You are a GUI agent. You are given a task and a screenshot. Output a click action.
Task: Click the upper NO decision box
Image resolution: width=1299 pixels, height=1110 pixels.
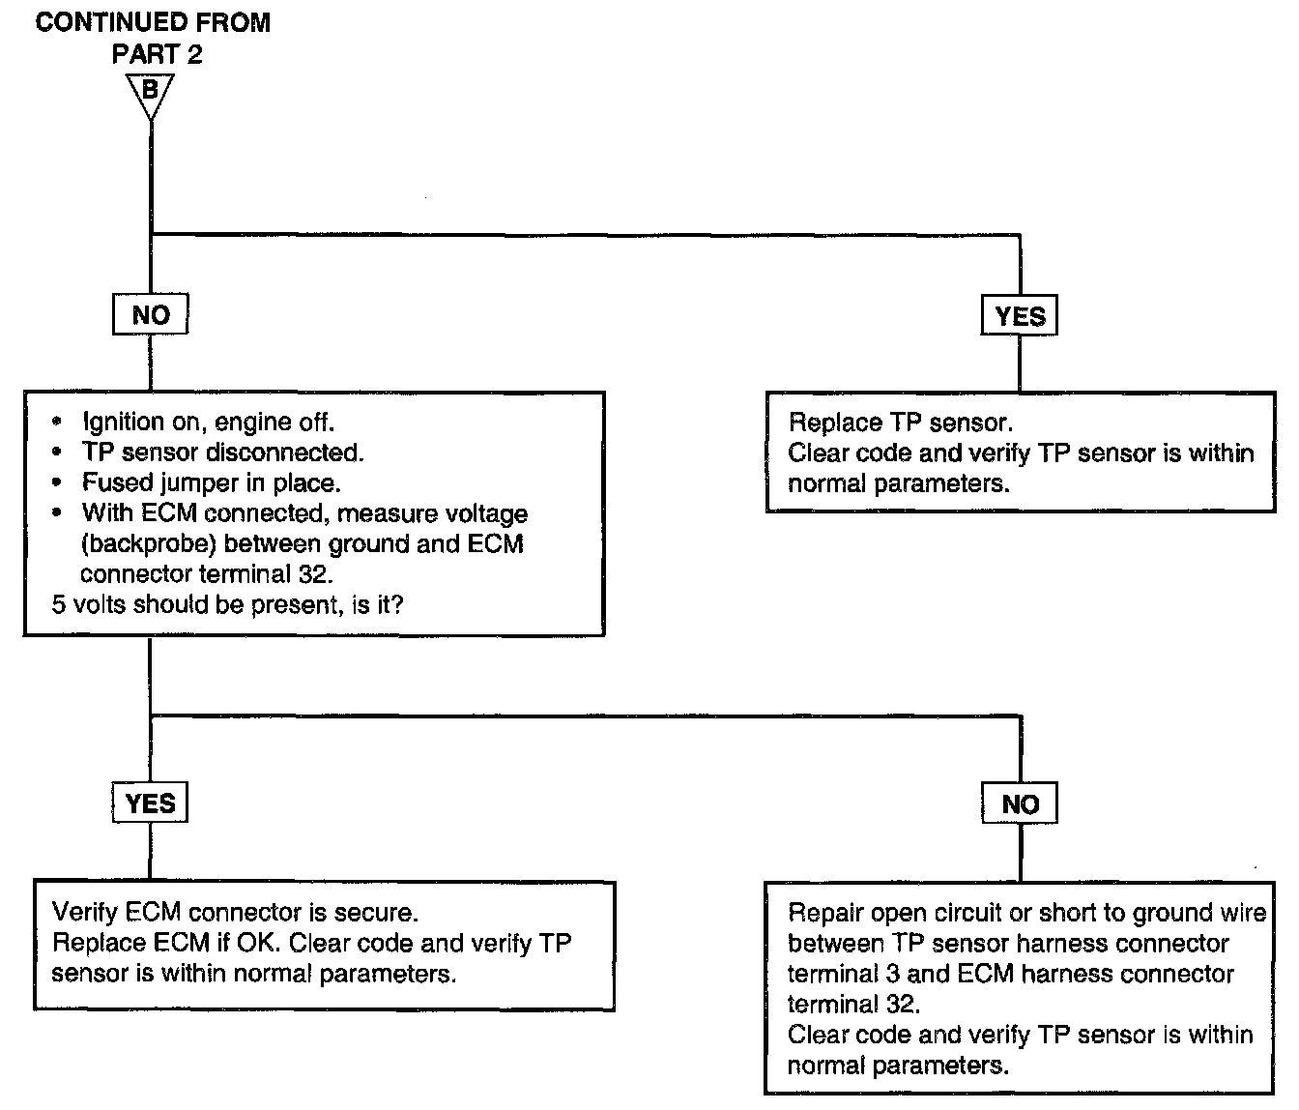click(150, 314)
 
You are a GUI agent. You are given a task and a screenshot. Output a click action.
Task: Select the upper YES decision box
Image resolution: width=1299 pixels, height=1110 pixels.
click(1020, 315)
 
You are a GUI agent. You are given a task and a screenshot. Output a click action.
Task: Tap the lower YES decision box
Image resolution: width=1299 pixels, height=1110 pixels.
click(150, 803)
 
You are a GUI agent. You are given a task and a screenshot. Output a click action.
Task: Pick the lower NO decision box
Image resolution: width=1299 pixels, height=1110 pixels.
click(1020, 803)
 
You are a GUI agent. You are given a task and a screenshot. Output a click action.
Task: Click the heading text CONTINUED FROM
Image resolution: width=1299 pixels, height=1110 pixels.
click(153, 22)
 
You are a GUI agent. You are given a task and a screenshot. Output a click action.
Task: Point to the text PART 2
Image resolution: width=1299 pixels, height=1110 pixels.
click(158, 54)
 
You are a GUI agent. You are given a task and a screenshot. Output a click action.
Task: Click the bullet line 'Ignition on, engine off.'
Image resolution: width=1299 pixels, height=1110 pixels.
click(208, 422)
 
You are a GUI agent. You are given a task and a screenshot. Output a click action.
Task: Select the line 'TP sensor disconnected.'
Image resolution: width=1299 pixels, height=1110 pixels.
click(222, 452)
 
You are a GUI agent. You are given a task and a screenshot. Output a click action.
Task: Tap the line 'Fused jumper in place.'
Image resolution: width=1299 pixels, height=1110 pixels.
click(211, 482)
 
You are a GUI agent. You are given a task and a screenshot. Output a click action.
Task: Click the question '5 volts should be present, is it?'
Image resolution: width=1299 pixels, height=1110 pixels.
click(227, 604)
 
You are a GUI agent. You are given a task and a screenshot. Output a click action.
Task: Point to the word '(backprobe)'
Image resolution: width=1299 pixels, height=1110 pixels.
click(149, 543)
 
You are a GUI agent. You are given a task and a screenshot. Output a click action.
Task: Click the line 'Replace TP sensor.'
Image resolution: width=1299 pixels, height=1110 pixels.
click(901, 423)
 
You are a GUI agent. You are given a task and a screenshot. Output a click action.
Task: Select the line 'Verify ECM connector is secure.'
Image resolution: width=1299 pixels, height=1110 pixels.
click(235, 912)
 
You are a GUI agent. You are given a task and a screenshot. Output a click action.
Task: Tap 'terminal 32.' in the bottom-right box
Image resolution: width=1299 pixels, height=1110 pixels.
click(853, 1004)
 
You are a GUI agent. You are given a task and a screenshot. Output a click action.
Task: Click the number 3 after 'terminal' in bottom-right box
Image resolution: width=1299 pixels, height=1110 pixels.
click(892, 974)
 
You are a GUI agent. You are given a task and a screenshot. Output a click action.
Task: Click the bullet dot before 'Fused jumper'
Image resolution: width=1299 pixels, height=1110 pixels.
click(57, 482)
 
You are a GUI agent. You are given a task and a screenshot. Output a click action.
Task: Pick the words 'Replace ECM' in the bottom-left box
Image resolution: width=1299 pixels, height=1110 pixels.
click(130, 943)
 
